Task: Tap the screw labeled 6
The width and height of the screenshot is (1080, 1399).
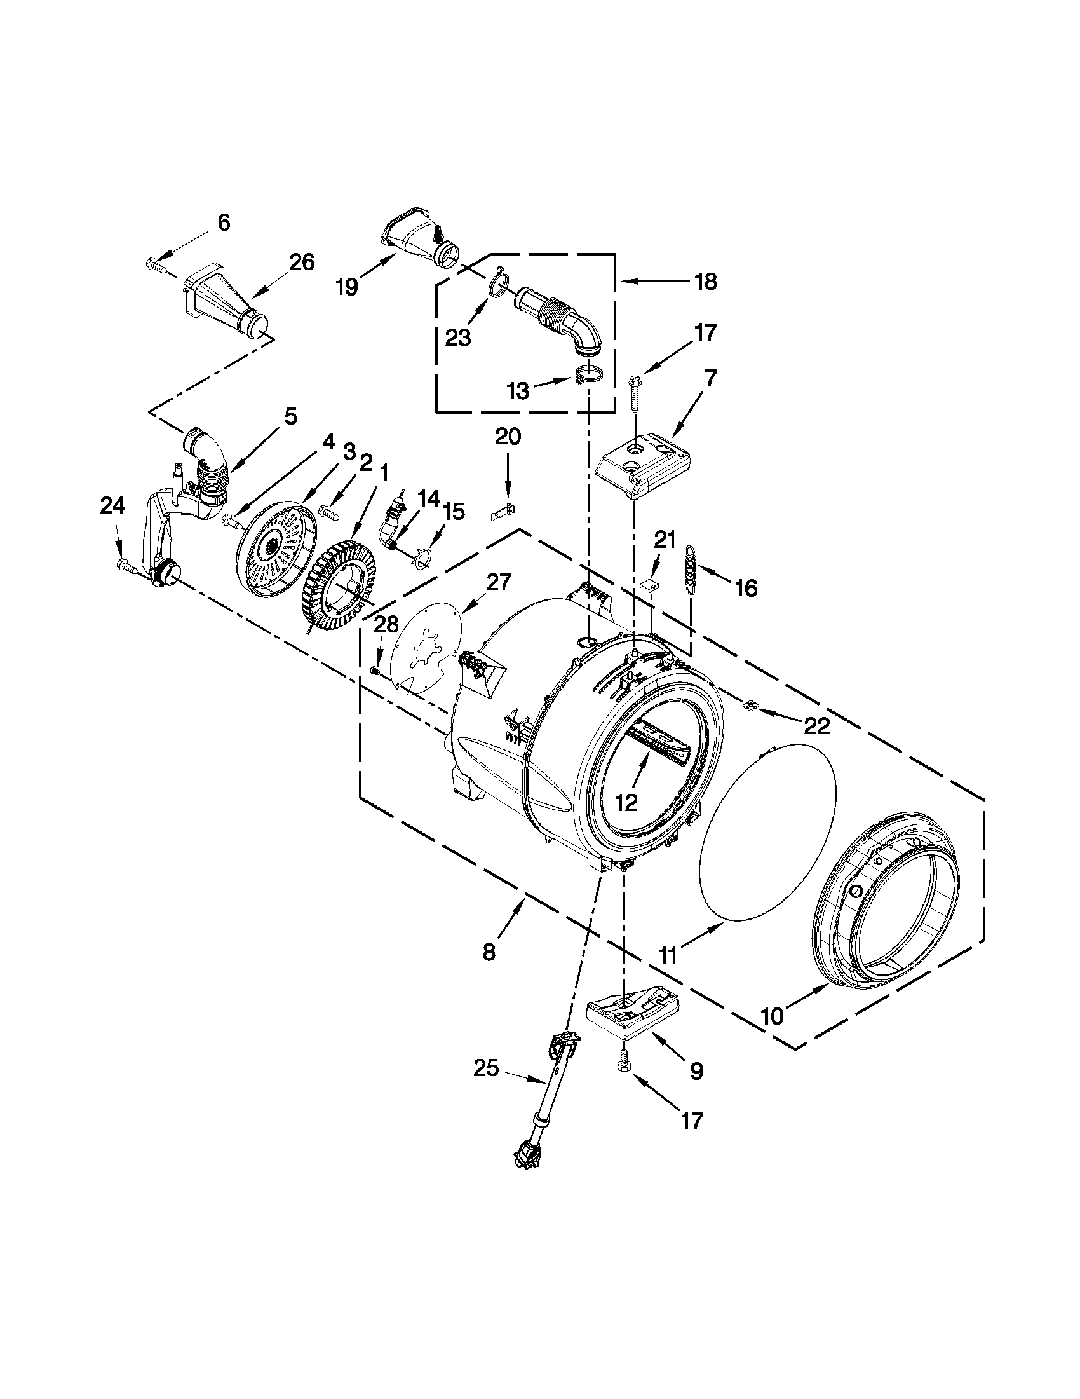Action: click(x=156, y=263)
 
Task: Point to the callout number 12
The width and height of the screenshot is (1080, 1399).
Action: click(x=628, y=802)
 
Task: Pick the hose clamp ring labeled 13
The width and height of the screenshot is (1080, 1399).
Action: click(x=587, y=374)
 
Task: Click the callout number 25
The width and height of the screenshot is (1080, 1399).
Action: click(x=486, y=1068)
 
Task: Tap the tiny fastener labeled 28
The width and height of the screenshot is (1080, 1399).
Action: click(x=376, y=670)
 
